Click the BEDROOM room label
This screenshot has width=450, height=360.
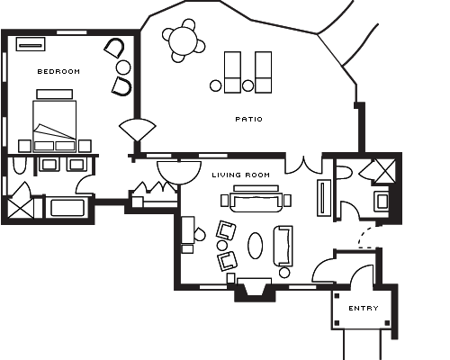(x=58, y=72)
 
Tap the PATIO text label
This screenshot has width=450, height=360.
(x=249, y=120)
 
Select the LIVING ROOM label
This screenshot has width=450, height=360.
(x=241, y=175)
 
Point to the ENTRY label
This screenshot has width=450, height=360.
(x=364, y=309)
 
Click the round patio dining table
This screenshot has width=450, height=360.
(x=183, y=41)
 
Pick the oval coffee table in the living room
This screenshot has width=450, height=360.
(x=255, y=246)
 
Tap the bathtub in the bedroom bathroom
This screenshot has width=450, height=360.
(x=67, y=207)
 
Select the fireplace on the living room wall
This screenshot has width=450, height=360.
(x=255, y=290)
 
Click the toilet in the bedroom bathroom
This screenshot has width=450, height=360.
(x=20, y=166)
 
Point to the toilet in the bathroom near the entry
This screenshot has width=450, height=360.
(x=344, y=173)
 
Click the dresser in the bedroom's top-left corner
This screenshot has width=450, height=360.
(x=31, y=44)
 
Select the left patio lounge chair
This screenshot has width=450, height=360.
(x=232, y=72)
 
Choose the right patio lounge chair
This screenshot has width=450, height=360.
(x=263, y=72)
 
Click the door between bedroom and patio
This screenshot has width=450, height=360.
(x=138, y=129)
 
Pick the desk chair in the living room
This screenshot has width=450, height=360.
(x=200, y=235)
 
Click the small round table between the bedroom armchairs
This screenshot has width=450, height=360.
(x=123, y=67)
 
